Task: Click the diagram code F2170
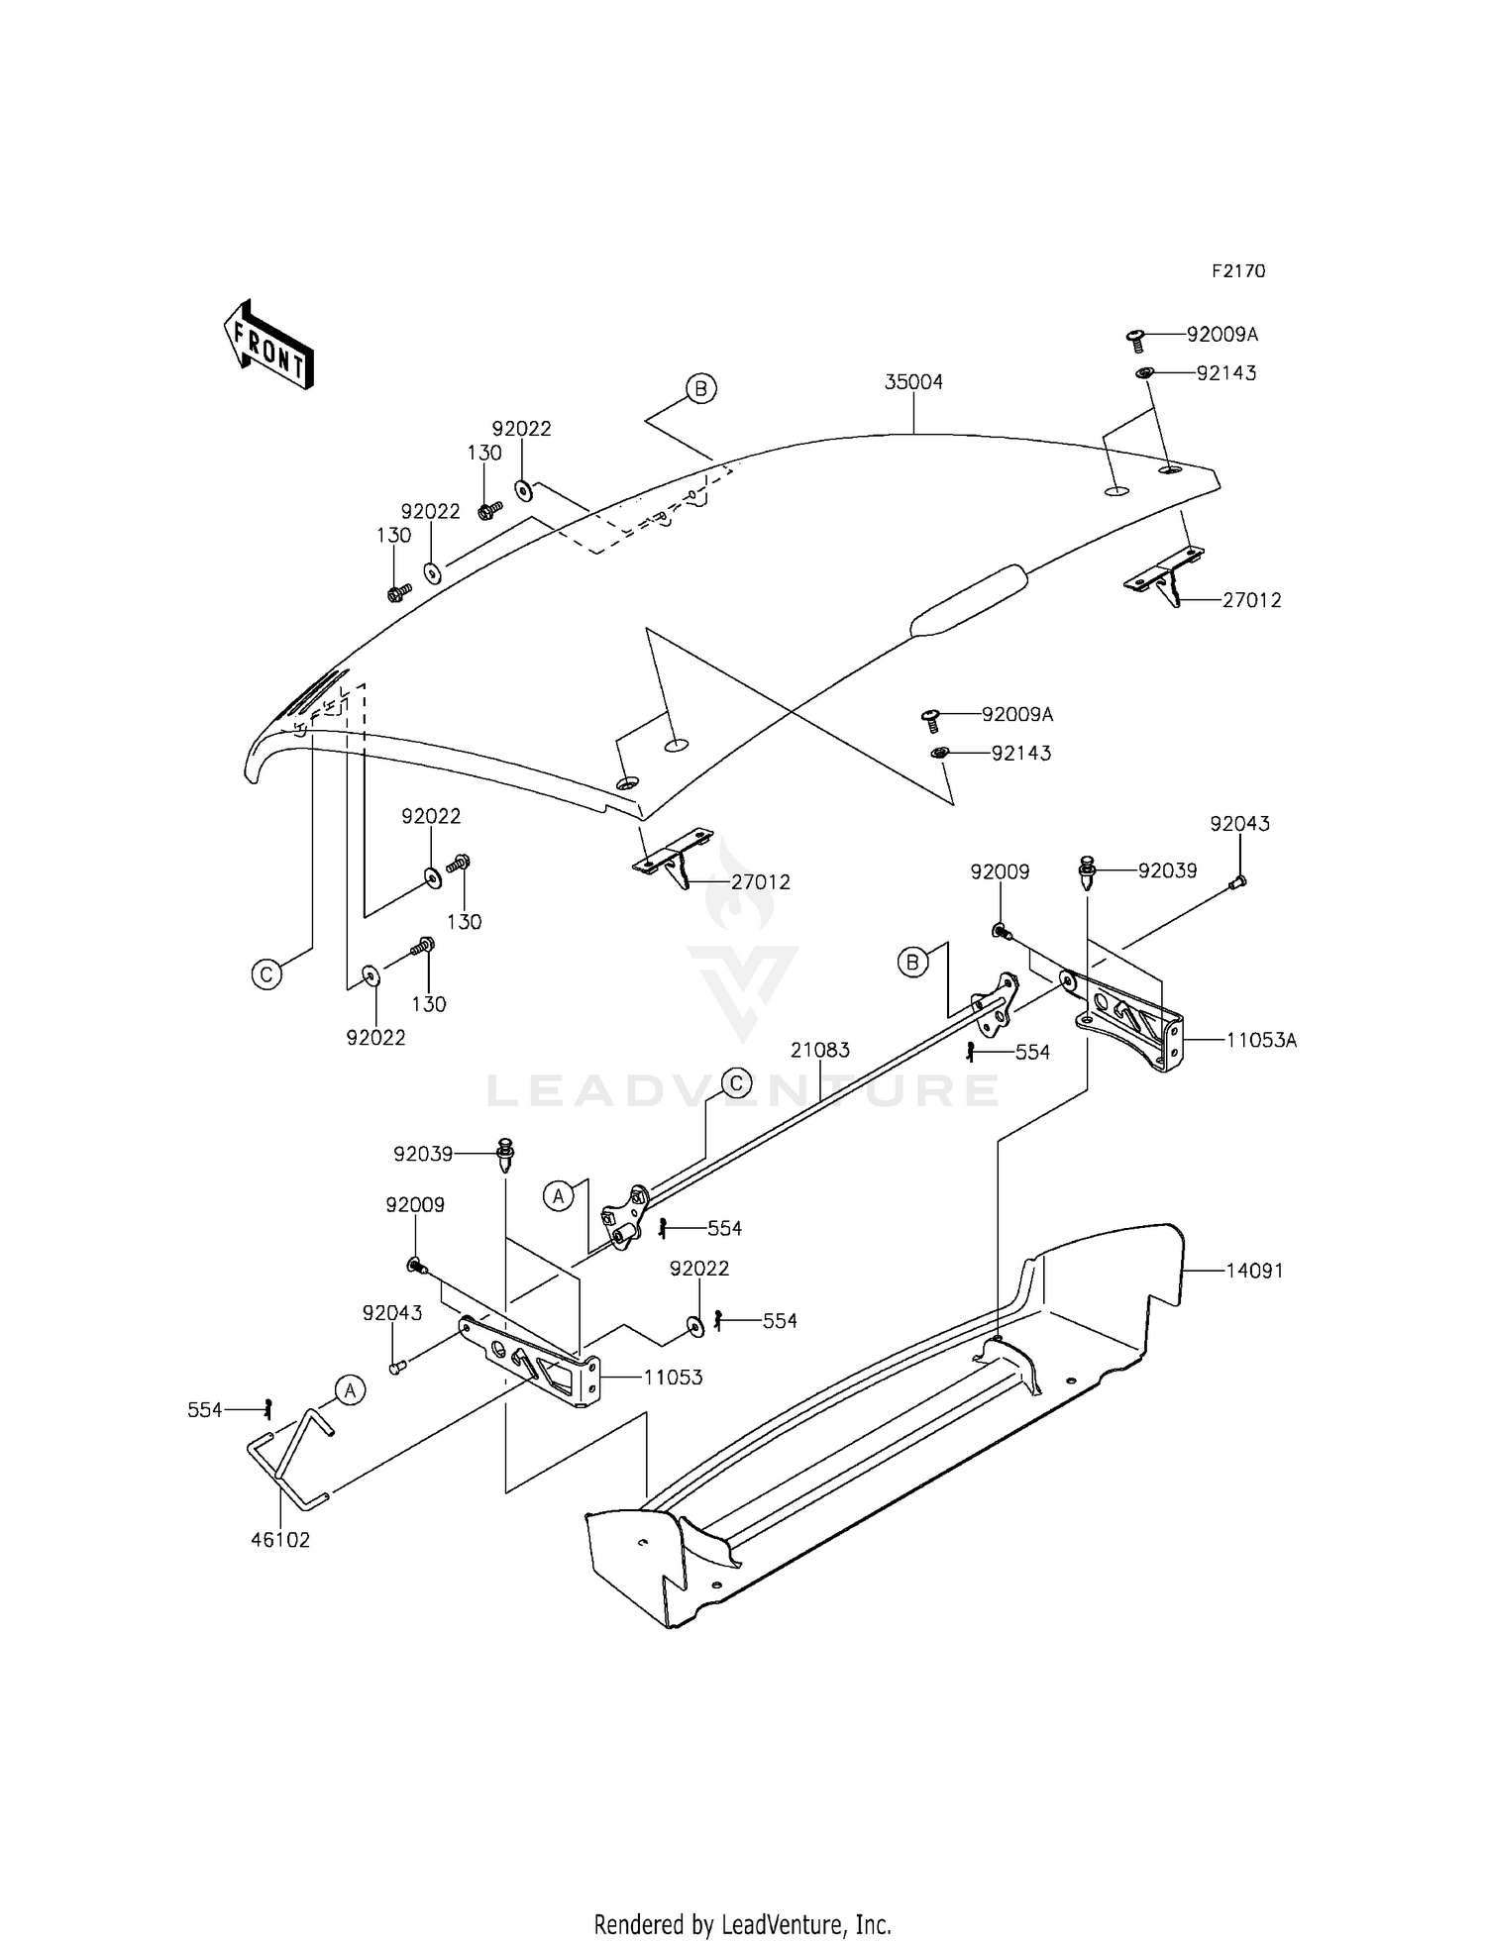tap(1237, 271)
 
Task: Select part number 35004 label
tap(913, 382)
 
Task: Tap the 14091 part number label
tap(1254, 1271)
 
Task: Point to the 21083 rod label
tap(819, 1050)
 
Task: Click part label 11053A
tap(1260, 1040)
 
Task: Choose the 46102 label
tap(280, 1540)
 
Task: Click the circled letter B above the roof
tap(700, 389)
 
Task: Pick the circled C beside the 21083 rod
tap(737, 1083)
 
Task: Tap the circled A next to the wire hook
tap(349, 1389)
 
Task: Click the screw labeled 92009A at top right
tap(1136, 340)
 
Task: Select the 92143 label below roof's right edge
tap(1020, 754)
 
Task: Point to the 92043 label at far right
tap(1238, 824)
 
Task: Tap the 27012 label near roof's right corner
tap(1251, 600)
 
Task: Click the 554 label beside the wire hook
tap(205, 1410)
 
